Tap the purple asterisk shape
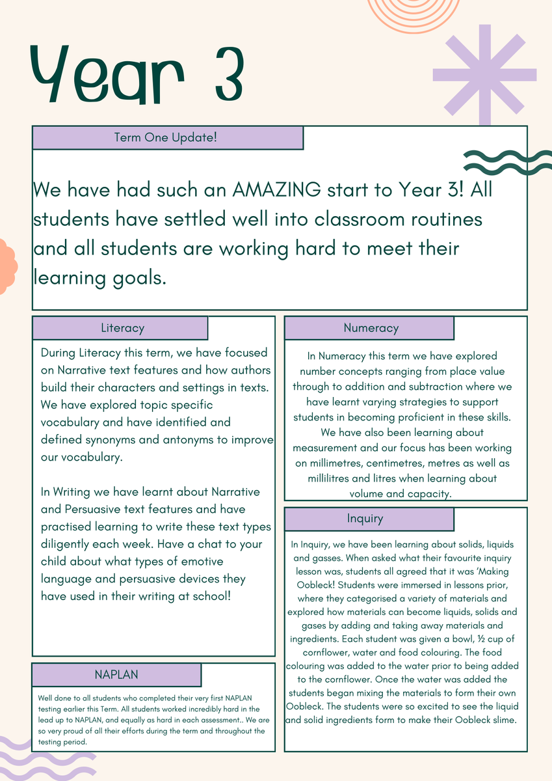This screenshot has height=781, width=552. coord(484,74)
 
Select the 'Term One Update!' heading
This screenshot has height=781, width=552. coord(165,138)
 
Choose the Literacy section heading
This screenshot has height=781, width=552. coord(122,328)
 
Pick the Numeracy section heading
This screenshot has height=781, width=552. coord(371,328)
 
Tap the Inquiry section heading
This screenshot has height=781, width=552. coord(365,519)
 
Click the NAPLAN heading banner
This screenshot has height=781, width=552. coord(116,674)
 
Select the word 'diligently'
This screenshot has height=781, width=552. coord(73,543)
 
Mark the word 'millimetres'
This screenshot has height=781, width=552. coord(338,463)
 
